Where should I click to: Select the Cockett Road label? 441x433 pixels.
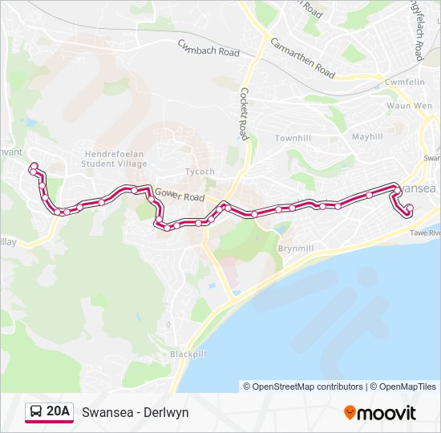coord(244,114)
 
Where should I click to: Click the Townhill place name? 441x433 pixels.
coord(292,139)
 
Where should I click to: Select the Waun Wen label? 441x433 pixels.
coord(405,106)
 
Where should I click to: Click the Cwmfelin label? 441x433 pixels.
coord(406,83)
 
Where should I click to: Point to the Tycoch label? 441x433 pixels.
coord(200,172)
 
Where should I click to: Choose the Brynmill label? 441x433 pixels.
coord(296,249)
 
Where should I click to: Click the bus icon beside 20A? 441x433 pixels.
coord(36,412)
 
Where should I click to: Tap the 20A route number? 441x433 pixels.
coord(59,412)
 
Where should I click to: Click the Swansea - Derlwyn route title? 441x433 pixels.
coord(136,412)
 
